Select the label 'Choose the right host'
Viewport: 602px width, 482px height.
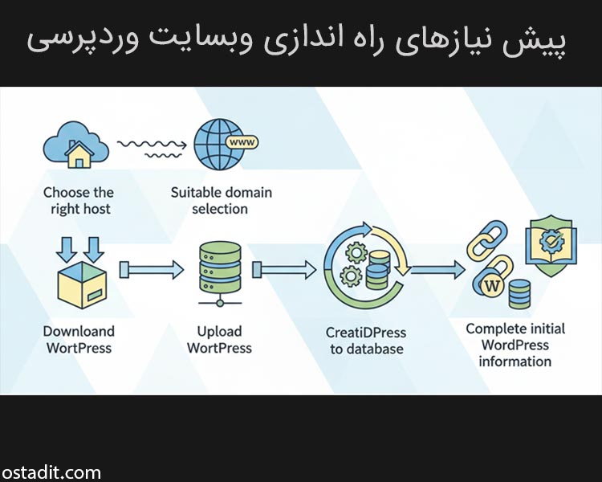78,201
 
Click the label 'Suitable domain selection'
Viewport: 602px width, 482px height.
222,201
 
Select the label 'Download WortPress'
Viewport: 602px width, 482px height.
79,339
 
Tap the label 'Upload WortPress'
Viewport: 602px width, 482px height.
219,339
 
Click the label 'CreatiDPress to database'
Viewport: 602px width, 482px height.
366,341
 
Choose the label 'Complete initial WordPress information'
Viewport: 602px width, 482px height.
515,345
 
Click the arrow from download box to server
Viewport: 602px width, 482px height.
151,268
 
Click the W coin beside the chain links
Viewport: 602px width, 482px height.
492,284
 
